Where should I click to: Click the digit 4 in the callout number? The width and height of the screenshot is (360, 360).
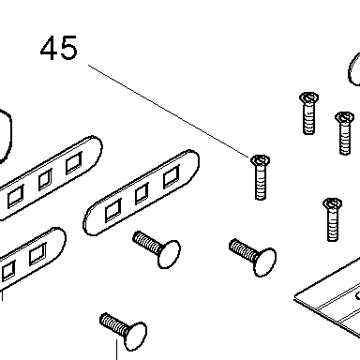pos(50,48)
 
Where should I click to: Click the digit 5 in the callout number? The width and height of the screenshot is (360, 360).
pos(68,48)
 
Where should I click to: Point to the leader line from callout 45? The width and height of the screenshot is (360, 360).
pos(169,112)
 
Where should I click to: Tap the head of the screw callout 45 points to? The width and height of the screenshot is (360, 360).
pos(260,160)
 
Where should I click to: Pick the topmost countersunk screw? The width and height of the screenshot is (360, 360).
pos(308,112)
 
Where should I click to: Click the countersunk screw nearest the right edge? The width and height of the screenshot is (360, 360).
pos(344,133)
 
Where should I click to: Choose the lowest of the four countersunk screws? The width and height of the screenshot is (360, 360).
pos(332,219)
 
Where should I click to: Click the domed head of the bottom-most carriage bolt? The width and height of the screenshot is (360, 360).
pos(135,337)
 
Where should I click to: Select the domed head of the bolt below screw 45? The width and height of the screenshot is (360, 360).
pos(265,262)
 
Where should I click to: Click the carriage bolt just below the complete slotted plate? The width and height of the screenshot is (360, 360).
pos(157,249)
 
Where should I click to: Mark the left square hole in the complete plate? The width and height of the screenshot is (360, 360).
pos(112,210)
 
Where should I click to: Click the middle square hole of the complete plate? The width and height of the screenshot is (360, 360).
pos(142,194)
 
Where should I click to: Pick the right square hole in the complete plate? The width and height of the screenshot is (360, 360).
pos(172,176)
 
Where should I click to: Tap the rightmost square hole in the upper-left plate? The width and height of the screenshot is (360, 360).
pos(74,163)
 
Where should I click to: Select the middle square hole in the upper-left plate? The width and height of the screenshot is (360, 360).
pos(45,180)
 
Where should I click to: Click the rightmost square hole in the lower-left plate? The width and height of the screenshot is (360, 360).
pos(37,254)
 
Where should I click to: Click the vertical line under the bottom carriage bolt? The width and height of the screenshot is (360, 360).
pos(117,350)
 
